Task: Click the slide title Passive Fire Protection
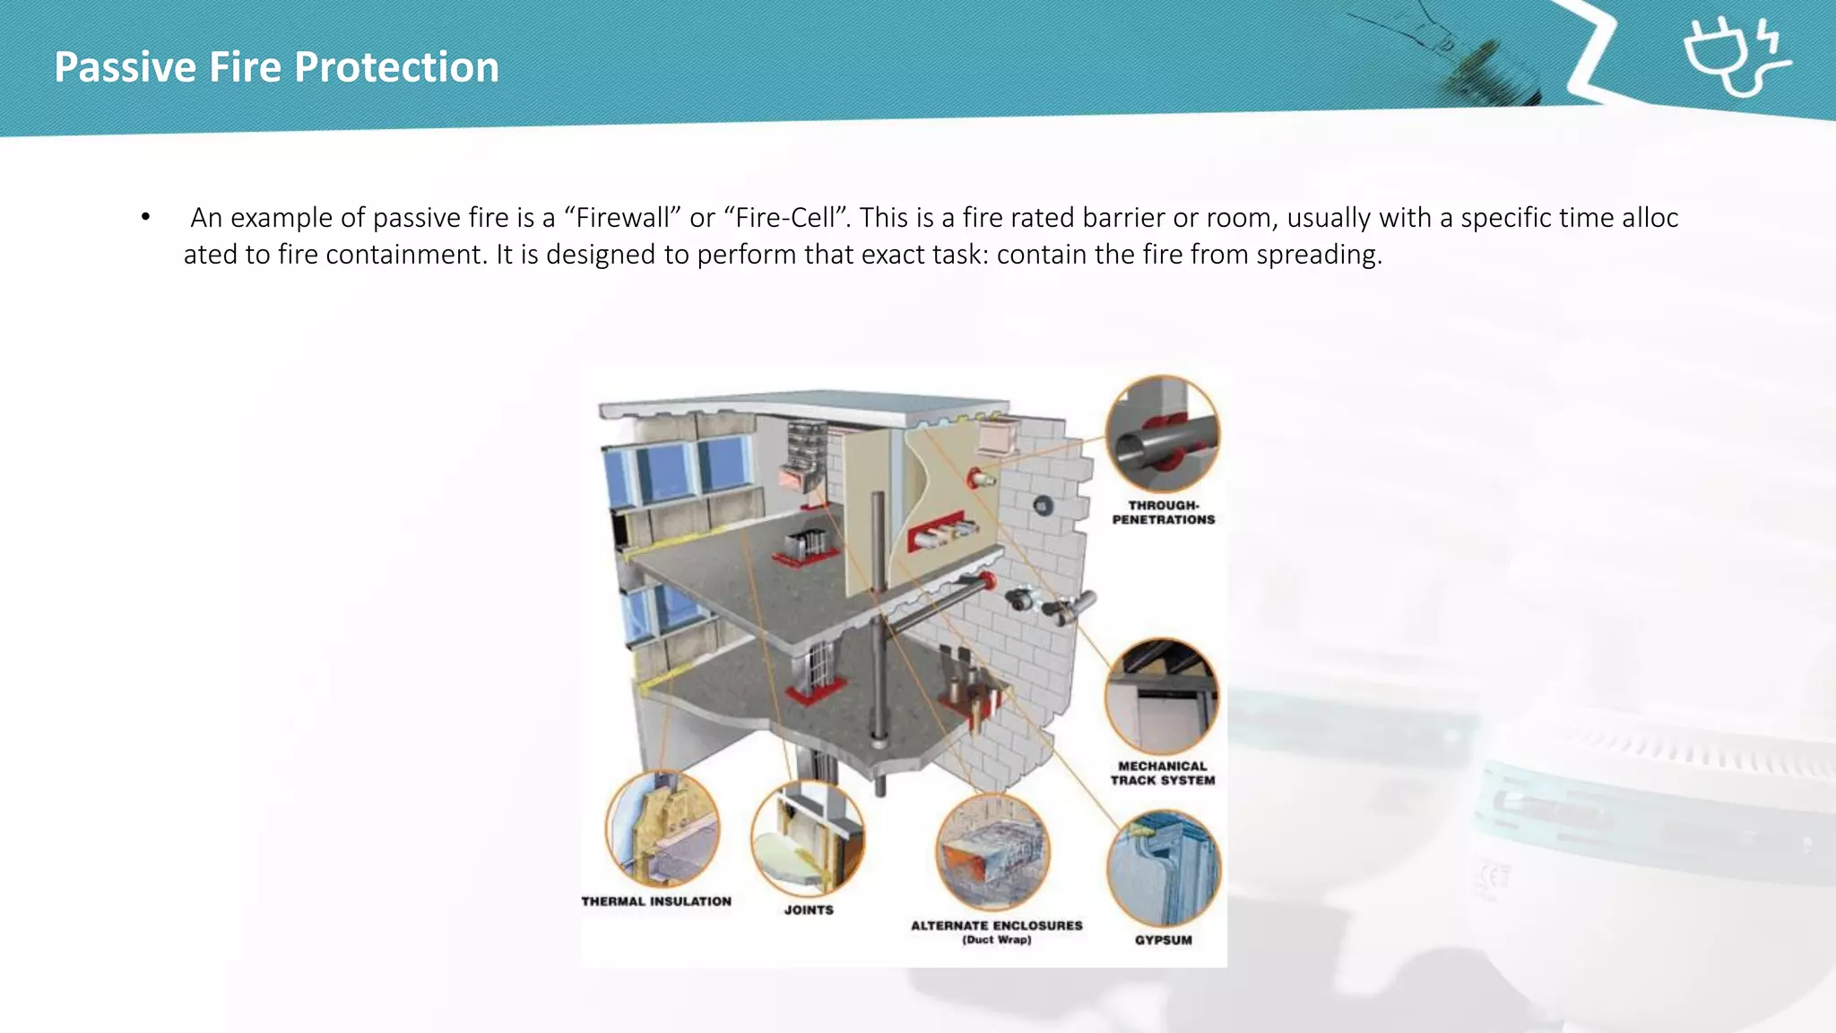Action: pos(276,67)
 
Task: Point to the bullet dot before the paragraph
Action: pos(145,217)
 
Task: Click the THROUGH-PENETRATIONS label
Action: pos(1164,512)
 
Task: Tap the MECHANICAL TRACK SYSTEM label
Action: pos(1163,773)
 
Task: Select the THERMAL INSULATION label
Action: pos(656,901)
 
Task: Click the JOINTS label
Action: pos(809,909)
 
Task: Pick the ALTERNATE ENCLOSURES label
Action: pos(996,925)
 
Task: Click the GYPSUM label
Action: pos(1164,940)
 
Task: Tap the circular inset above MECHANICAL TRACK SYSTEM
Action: pos(1162,697)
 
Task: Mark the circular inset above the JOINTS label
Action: pos(808,838)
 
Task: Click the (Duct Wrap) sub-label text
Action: pos(997,940)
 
